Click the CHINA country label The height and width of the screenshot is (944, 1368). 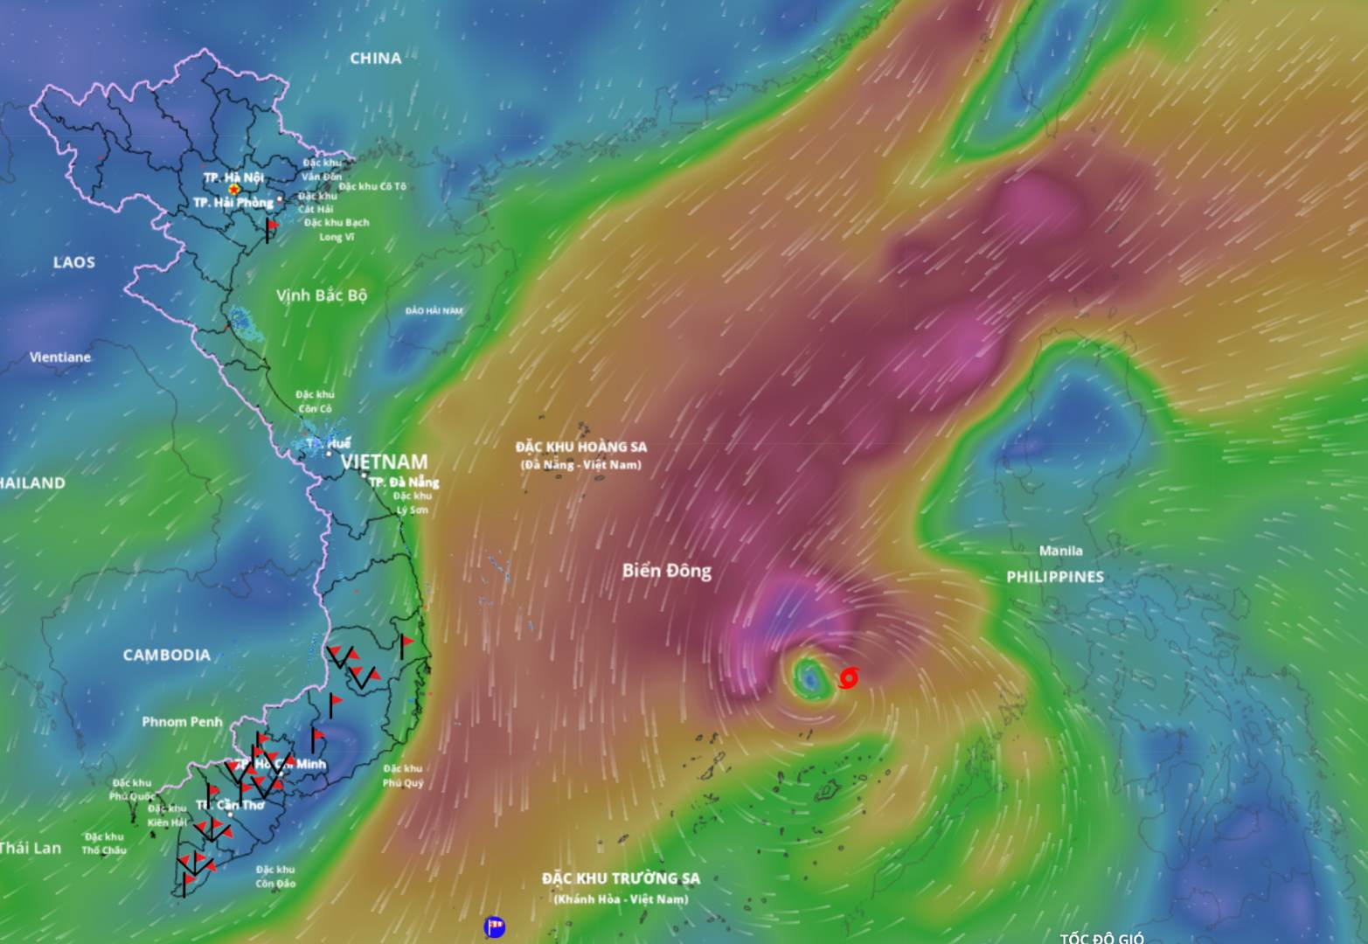tap(376, 59)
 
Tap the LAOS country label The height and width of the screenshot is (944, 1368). tap(74, 262)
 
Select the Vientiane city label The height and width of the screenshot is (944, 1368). tap(60, 357)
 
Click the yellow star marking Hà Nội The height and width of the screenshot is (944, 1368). tap(233, 189)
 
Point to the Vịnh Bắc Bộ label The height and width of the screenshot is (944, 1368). tap(322, 295)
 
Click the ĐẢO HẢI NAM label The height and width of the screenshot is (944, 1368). tap(434, 311)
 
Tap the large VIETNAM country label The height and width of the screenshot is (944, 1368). tap(385, 462)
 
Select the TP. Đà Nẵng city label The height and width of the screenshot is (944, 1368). tap(404, 482)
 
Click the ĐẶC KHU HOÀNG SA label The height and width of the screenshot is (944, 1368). tap(581, 447)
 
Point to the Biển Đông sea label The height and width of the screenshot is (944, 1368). tap(667, 571)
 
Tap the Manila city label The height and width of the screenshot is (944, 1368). tap(1060, 551)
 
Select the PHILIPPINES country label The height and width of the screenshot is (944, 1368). tap(1055, 577)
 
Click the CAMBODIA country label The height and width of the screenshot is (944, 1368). tap(166, 655)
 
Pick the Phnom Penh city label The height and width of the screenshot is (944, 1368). tap(182, 722)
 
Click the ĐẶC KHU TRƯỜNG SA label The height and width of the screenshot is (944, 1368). tap(621, 878)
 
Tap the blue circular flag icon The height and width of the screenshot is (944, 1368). tap(495, 927)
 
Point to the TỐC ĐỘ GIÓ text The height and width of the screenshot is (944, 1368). tap(1101, 938)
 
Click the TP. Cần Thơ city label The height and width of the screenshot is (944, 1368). tap(231, 805)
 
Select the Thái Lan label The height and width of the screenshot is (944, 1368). tap(31, 848)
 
